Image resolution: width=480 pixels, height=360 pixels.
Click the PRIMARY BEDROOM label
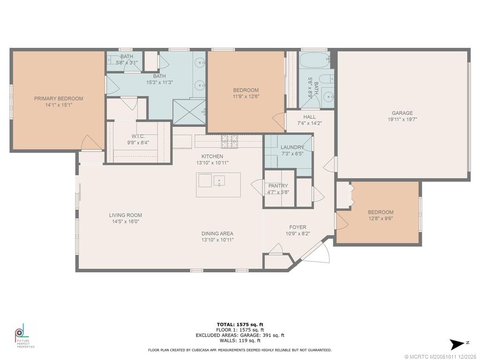point(59,98)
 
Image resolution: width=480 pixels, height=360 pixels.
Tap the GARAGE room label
point(402,113)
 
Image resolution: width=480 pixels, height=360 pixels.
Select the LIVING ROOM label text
point(126,215)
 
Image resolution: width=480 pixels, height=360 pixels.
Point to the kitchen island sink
point(219,180)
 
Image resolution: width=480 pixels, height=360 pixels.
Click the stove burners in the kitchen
point(229,141)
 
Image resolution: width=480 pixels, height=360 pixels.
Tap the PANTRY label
point(278,186)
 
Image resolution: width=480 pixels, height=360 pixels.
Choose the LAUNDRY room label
point(292,147)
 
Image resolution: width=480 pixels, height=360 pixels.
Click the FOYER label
point(298,227)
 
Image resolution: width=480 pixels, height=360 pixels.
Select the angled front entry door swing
point(318,252)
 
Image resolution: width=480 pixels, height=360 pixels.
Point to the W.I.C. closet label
point(138,136)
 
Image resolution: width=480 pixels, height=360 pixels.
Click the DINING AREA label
point(217,233)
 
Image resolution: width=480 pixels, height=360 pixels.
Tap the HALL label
point(309,117)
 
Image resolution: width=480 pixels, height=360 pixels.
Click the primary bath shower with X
point(189,112)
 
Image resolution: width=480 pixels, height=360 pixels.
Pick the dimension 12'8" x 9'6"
point(381,218)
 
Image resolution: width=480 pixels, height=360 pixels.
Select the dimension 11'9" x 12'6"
point(246,97)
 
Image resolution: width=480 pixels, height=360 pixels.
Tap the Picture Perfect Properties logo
point(25,336)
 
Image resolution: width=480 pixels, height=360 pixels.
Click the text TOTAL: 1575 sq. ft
point(240,324)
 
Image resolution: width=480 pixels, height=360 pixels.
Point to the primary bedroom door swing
point(91,143)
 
